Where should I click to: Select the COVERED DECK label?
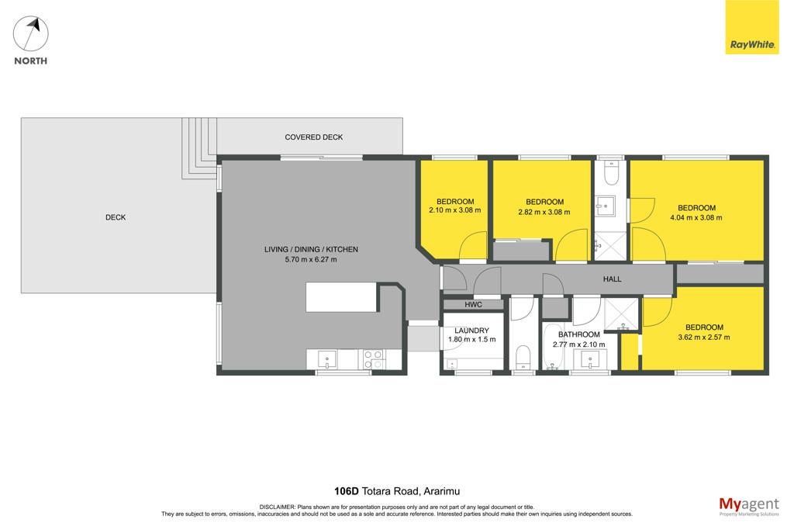[x=313, y=137]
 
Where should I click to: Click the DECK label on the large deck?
[x=116, y=217]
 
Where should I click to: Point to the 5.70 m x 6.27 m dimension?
[x=311, y=259]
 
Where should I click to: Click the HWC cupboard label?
[x=474, y=304]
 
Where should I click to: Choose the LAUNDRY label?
[x=471, y=331]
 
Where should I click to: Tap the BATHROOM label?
[x=578, y=334]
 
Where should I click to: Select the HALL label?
[x=612, y=279]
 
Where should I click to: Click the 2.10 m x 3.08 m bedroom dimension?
[x=454, y=210]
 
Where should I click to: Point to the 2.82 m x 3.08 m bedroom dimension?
[x=544, y=213]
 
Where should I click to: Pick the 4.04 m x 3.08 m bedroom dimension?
[x=696, y=218]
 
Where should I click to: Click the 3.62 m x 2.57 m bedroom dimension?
[x=704, y=338]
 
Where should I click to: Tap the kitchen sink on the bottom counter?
[x=327, y=359]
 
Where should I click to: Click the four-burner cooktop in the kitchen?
[x=373, y=359]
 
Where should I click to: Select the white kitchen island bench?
[x=341, y=297]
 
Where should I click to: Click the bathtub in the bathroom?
[x=552, y=347]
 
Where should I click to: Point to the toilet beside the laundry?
[x=523, y=358]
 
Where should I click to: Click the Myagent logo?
[x=749, y=506]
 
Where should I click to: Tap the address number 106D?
[x=347, y=491]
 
